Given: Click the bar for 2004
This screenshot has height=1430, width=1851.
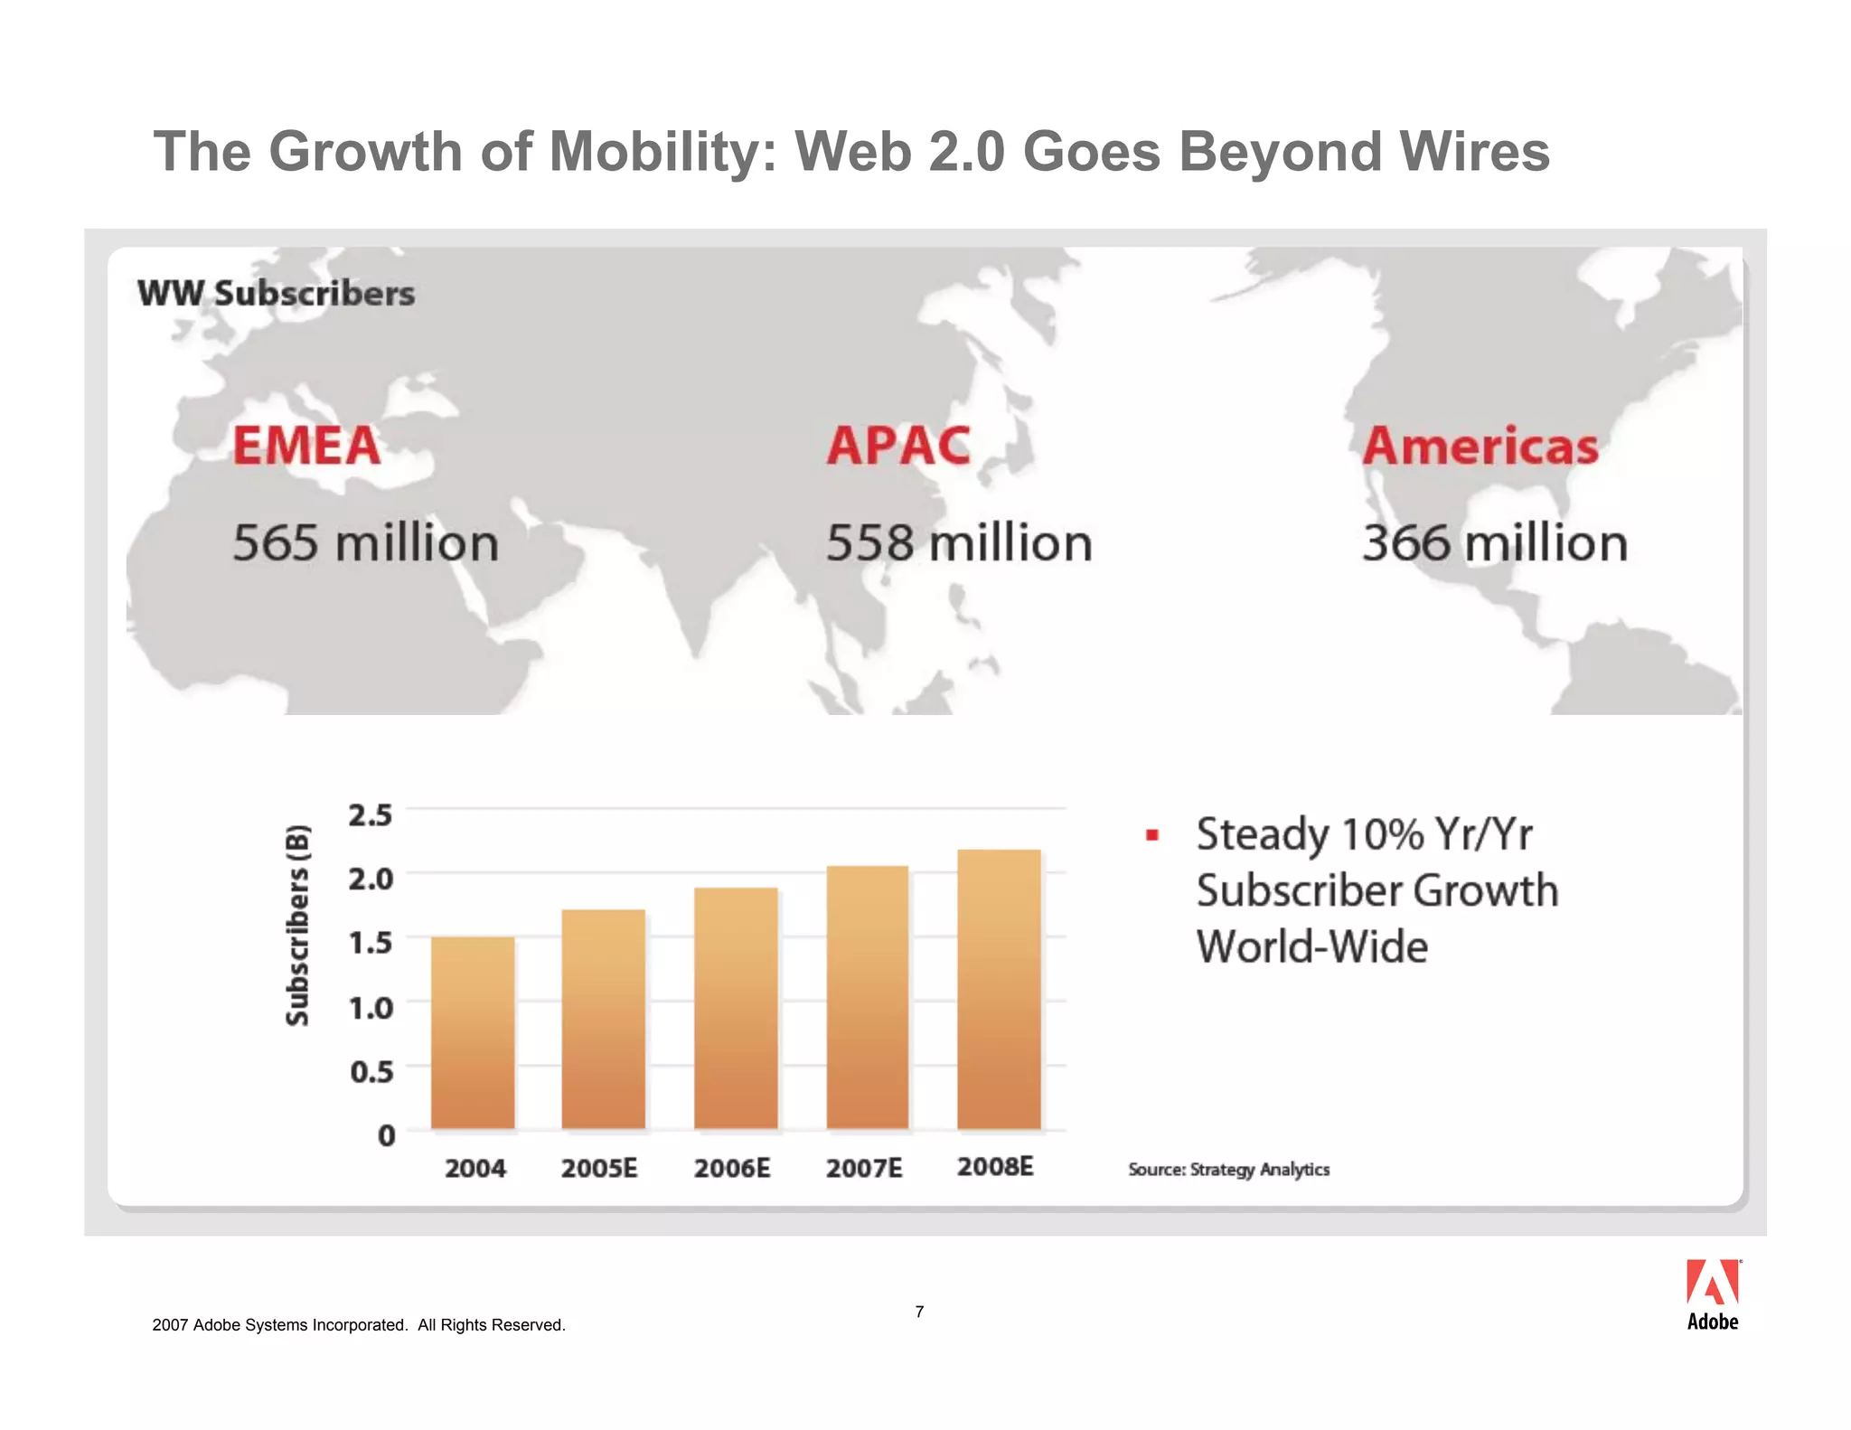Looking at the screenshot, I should click(x=473, y=1032).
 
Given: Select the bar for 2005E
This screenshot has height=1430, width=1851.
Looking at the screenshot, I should click(x=604, y=1019).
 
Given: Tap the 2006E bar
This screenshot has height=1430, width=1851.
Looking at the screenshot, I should click(x=736, y=1008).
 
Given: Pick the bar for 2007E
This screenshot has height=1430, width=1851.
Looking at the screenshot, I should click(x=867, y=997).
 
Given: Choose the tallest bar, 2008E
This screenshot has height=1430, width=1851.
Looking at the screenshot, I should click(x=999, y=989).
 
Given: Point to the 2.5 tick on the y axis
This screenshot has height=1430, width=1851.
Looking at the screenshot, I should click(x=371, y=814).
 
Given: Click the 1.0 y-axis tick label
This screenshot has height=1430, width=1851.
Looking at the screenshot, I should click(x=371, y=1007).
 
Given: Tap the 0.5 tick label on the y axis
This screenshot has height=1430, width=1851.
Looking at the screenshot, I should click(x=371, y=1072).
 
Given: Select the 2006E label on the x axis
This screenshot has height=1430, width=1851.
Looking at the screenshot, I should click(x=732, y=1169).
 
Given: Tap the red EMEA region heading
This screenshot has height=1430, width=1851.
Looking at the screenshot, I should click(x=306, y=446).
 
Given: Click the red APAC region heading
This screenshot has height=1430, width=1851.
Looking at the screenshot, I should click(x=898, y=446).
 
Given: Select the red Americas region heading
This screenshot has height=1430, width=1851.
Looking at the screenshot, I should click(x=1480, y=447).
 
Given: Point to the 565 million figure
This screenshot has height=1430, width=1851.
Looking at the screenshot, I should click(x=365, y=543).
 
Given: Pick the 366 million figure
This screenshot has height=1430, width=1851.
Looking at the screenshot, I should click(x=1495, y=543).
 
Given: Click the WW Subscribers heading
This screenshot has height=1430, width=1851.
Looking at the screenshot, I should click(x=276, y=294).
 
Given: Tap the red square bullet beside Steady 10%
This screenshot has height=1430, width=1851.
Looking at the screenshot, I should click(x=1151, y=835).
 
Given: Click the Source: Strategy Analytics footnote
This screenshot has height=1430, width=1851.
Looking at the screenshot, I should click(x=1228, y=1170).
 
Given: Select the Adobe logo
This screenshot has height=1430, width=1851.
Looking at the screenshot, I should click(x=1713, y=1294).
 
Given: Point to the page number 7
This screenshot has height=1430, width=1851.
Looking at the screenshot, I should click(x=919, y=1312).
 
